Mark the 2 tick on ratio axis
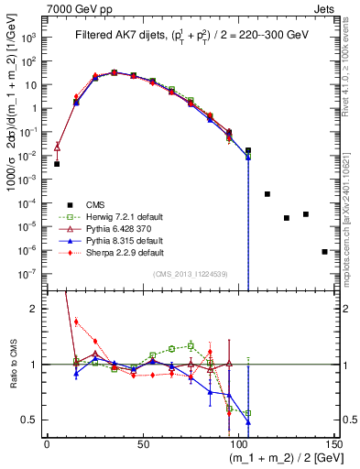tap(36, 309)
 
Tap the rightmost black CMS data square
tap(324, 251)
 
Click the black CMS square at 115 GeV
tap(267, 194)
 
